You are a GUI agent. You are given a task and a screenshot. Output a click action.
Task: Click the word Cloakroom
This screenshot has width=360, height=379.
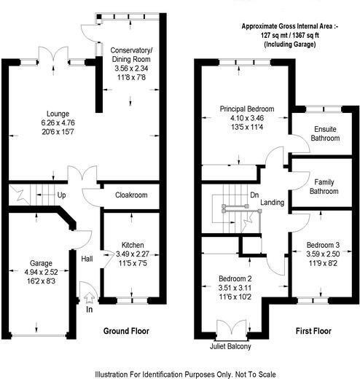coord(132,195)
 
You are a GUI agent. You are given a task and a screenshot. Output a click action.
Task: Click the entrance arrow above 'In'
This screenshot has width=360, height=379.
coord(89,297)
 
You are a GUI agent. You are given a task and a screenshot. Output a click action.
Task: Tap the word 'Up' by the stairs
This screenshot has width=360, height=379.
coord(62,195)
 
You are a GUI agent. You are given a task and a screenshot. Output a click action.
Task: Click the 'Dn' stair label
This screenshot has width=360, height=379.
coord(254,195)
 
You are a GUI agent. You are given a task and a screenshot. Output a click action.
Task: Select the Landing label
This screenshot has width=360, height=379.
coord(272,203)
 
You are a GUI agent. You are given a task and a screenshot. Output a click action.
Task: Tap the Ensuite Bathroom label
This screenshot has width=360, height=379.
coord(318,134)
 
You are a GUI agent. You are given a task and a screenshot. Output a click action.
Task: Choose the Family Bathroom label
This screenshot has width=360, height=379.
coord(322,187)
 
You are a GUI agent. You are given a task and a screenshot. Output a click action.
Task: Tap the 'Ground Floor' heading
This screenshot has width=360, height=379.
coord(125,331)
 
